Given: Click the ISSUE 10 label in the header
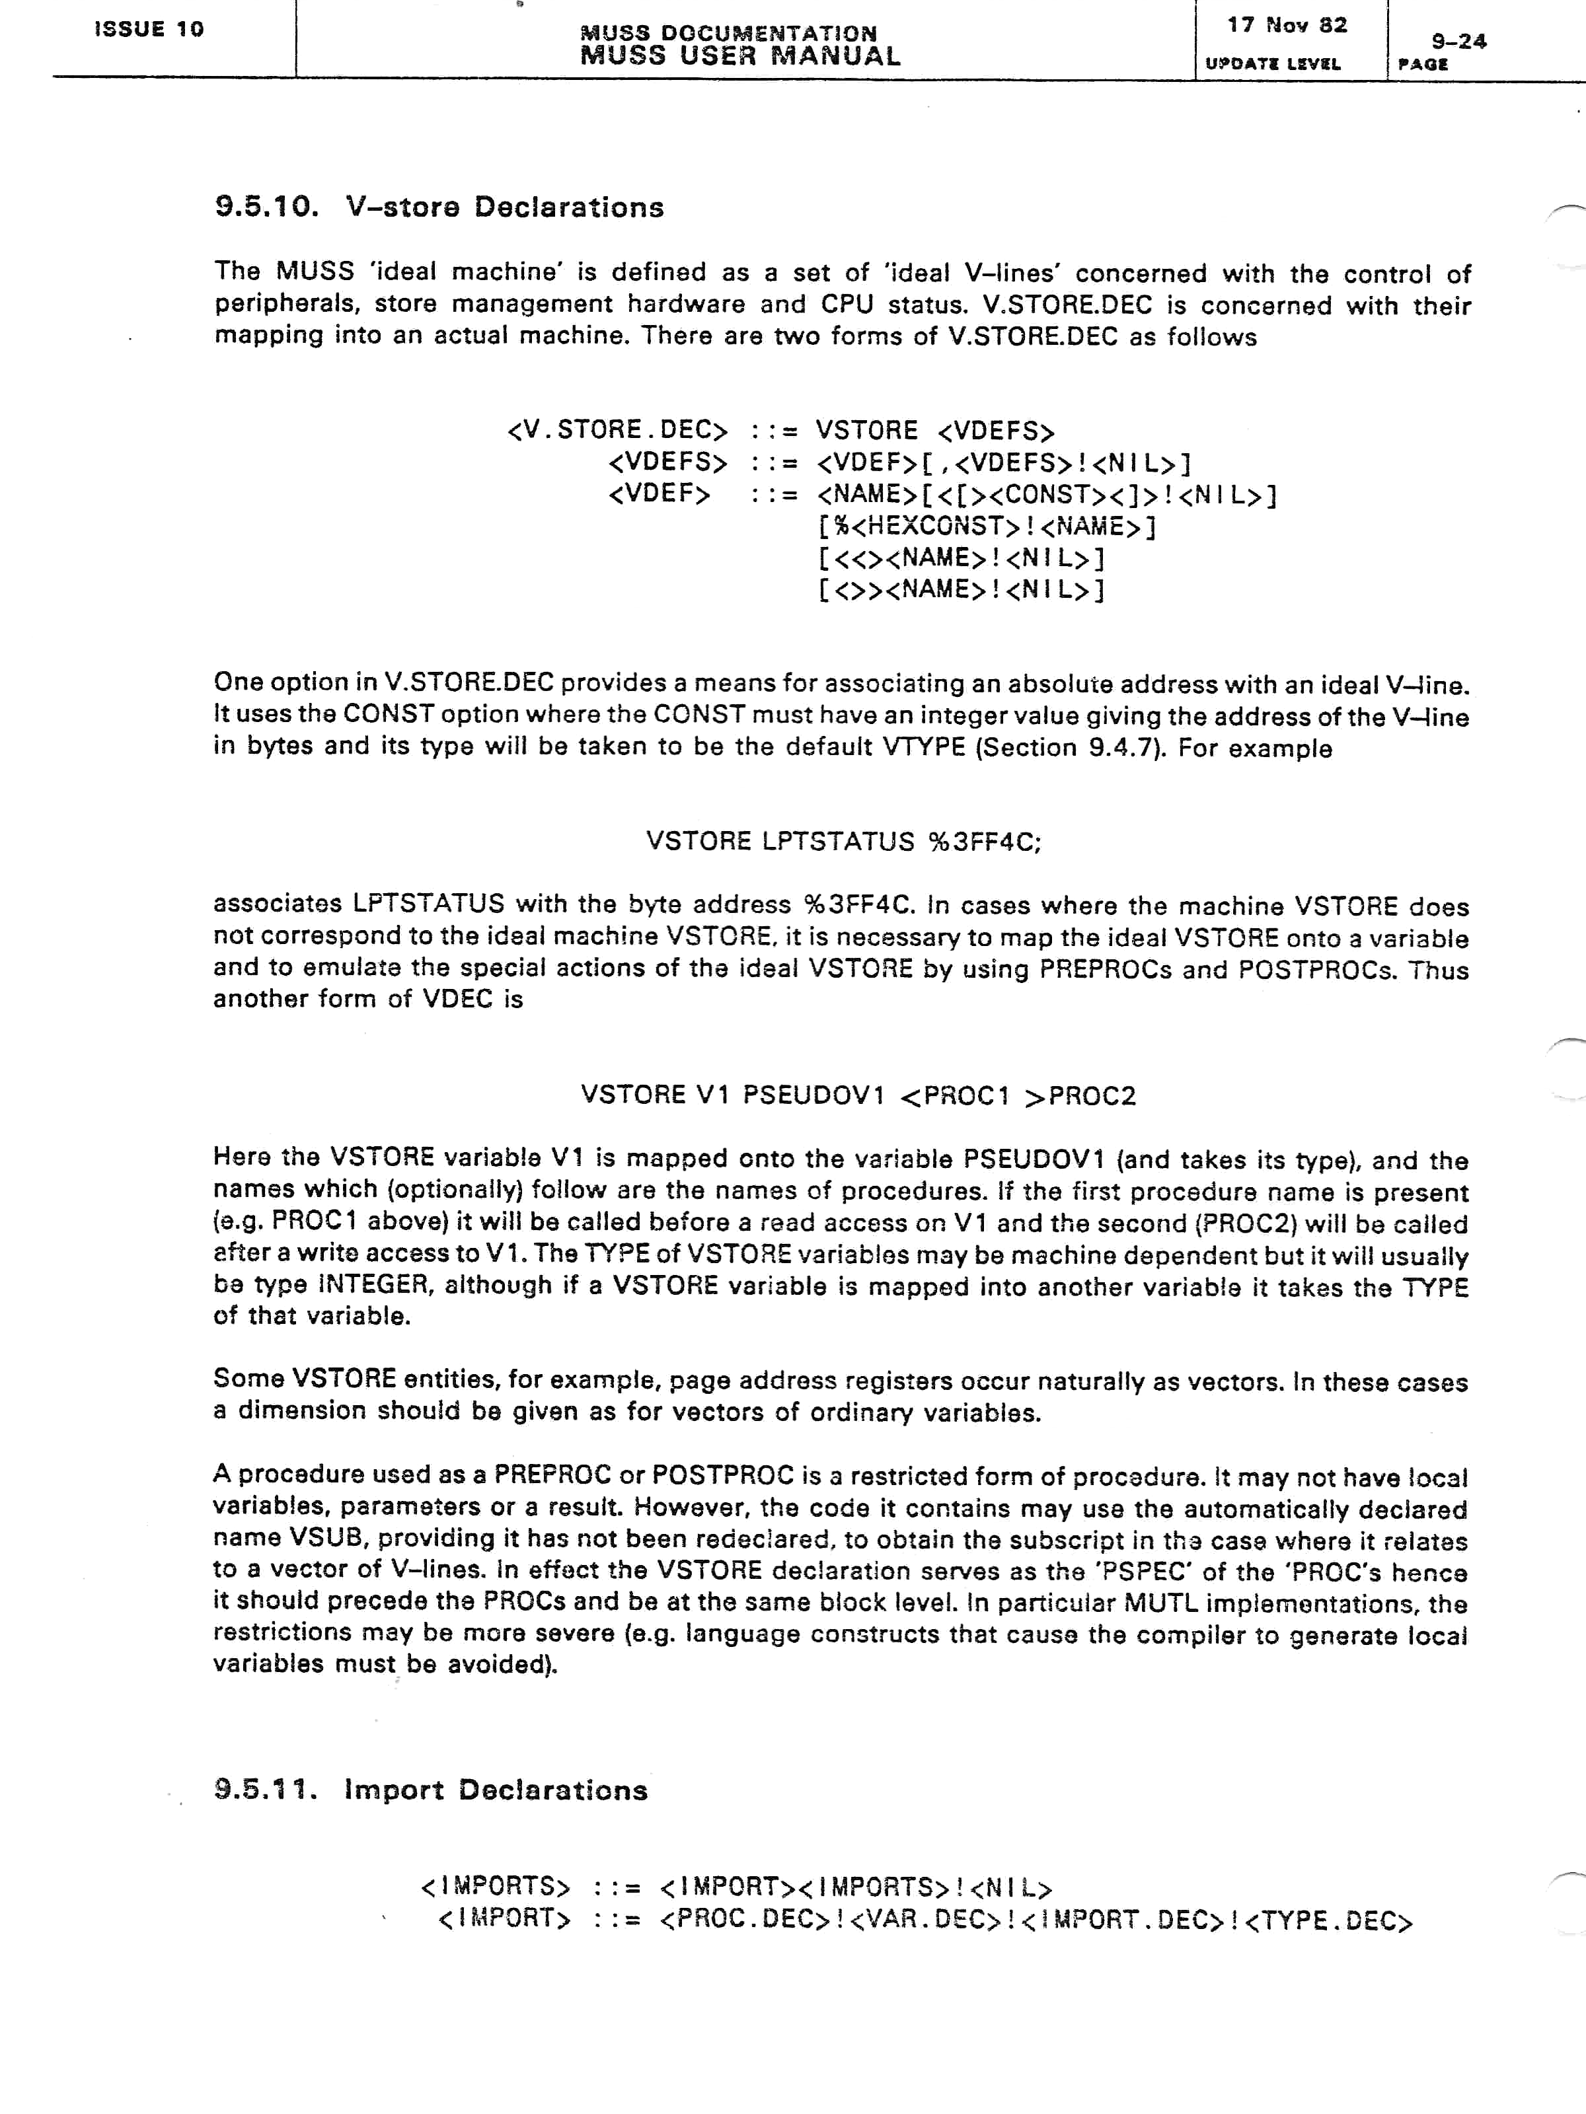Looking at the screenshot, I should coord(149,28).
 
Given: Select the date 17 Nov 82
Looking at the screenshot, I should coord(1287,26).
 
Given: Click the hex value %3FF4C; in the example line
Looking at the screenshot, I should coord(984,842).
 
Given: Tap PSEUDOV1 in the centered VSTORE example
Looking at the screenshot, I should coord(813,1095).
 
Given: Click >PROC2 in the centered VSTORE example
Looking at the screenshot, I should coord(1080,1095).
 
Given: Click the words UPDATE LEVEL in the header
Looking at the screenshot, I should coord(1272,64).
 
